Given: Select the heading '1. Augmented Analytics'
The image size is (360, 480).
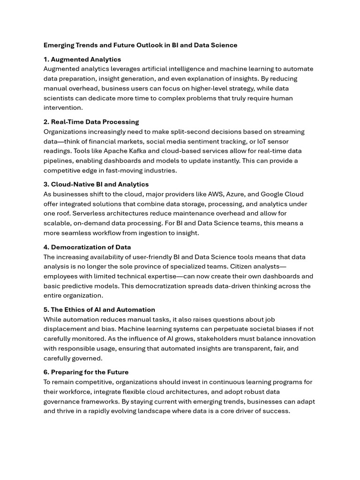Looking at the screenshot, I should pyautogui.click(x=82, y=60).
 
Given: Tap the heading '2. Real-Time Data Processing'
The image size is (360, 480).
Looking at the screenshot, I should pyautogui.click(x=91, y=122).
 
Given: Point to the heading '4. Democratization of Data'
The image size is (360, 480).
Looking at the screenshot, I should pyautogui.click(x=87, y=247).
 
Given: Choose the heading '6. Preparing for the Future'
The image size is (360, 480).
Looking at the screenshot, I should pyautogui.click(x=86, y=372).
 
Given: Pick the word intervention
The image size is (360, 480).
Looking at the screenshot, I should pyautogui.click(x=62, y=108).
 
